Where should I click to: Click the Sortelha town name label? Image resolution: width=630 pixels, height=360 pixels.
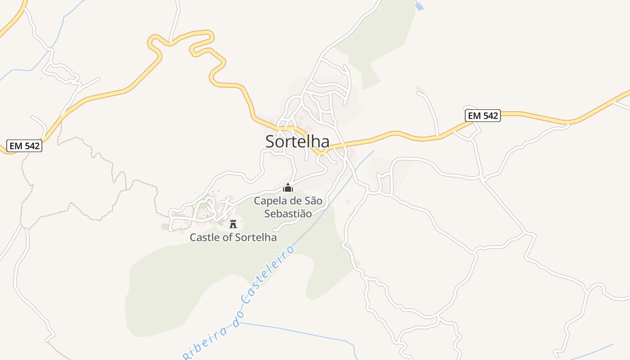pos(297,141)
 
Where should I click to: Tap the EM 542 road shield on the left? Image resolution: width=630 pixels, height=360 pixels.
pos(24,146)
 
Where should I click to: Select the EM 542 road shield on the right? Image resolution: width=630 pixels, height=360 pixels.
pos(483,116)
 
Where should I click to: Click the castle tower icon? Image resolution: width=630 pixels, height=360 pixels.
pos(233,224)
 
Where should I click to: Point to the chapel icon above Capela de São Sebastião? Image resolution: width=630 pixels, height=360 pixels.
pos(288,188)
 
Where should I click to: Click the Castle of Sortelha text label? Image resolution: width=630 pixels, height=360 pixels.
pos(233,237)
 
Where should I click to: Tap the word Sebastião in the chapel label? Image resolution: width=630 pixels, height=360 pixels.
pos(288,213)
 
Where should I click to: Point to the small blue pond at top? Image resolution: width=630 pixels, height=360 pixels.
pos(419,6)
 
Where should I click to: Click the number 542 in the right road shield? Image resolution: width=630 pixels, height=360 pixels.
pos(490,116)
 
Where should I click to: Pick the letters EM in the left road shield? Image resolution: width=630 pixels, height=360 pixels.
pos(16,146)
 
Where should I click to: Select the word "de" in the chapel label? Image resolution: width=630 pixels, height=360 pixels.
pos(296,201)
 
